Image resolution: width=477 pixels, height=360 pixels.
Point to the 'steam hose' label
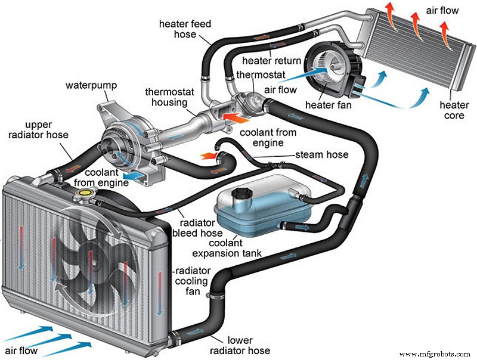click(322, 156)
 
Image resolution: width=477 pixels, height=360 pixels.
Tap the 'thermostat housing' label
click(169, 97)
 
